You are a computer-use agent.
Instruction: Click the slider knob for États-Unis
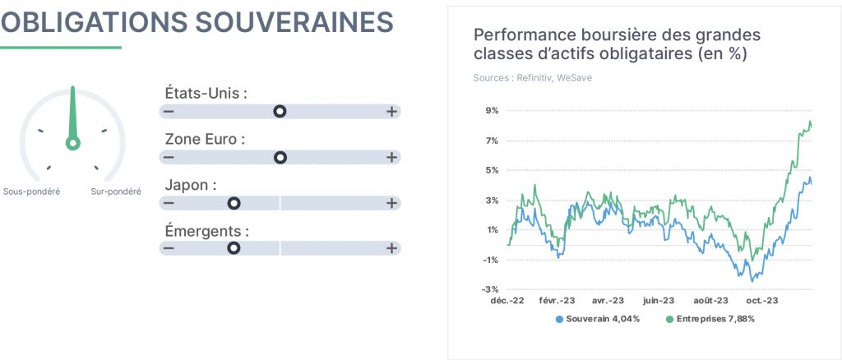[x=280, y=112]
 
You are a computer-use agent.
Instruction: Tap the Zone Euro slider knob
[x=280, y=157]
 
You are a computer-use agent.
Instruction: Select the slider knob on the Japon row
[x=234, y=203]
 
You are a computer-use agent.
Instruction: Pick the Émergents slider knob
[x=234, y=248]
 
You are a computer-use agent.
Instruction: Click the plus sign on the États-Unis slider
[x=392, y=112]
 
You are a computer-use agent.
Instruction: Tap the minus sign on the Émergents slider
[x=169, y=248]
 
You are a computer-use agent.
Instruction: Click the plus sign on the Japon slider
[x=392, y=203]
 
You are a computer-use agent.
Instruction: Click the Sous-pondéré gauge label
[x=32, y=192]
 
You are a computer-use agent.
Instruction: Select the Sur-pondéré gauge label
[x=116, y=192]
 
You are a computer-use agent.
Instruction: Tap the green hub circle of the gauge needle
[x=73, y=143]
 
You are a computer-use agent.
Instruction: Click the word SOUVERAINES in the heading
[x=294, y=22]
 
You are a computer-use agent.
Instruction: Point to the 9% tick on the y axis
[x=493, y=111]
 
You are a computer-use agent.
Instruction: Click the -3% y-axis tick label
[x=492, y=290]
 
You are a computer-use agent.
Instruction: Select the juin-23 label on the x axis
[x=659, y=301]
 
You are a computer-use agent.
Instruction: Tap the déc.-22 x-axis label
[x=507, y=301]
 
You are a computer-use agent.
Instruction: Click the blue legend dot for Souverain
[x=559, y=319]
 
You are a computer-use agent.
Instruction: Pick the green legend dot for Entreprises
[x=669, y=319]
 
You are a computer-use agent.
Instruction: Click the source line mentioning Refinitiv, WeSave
[x=533, y=78]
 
